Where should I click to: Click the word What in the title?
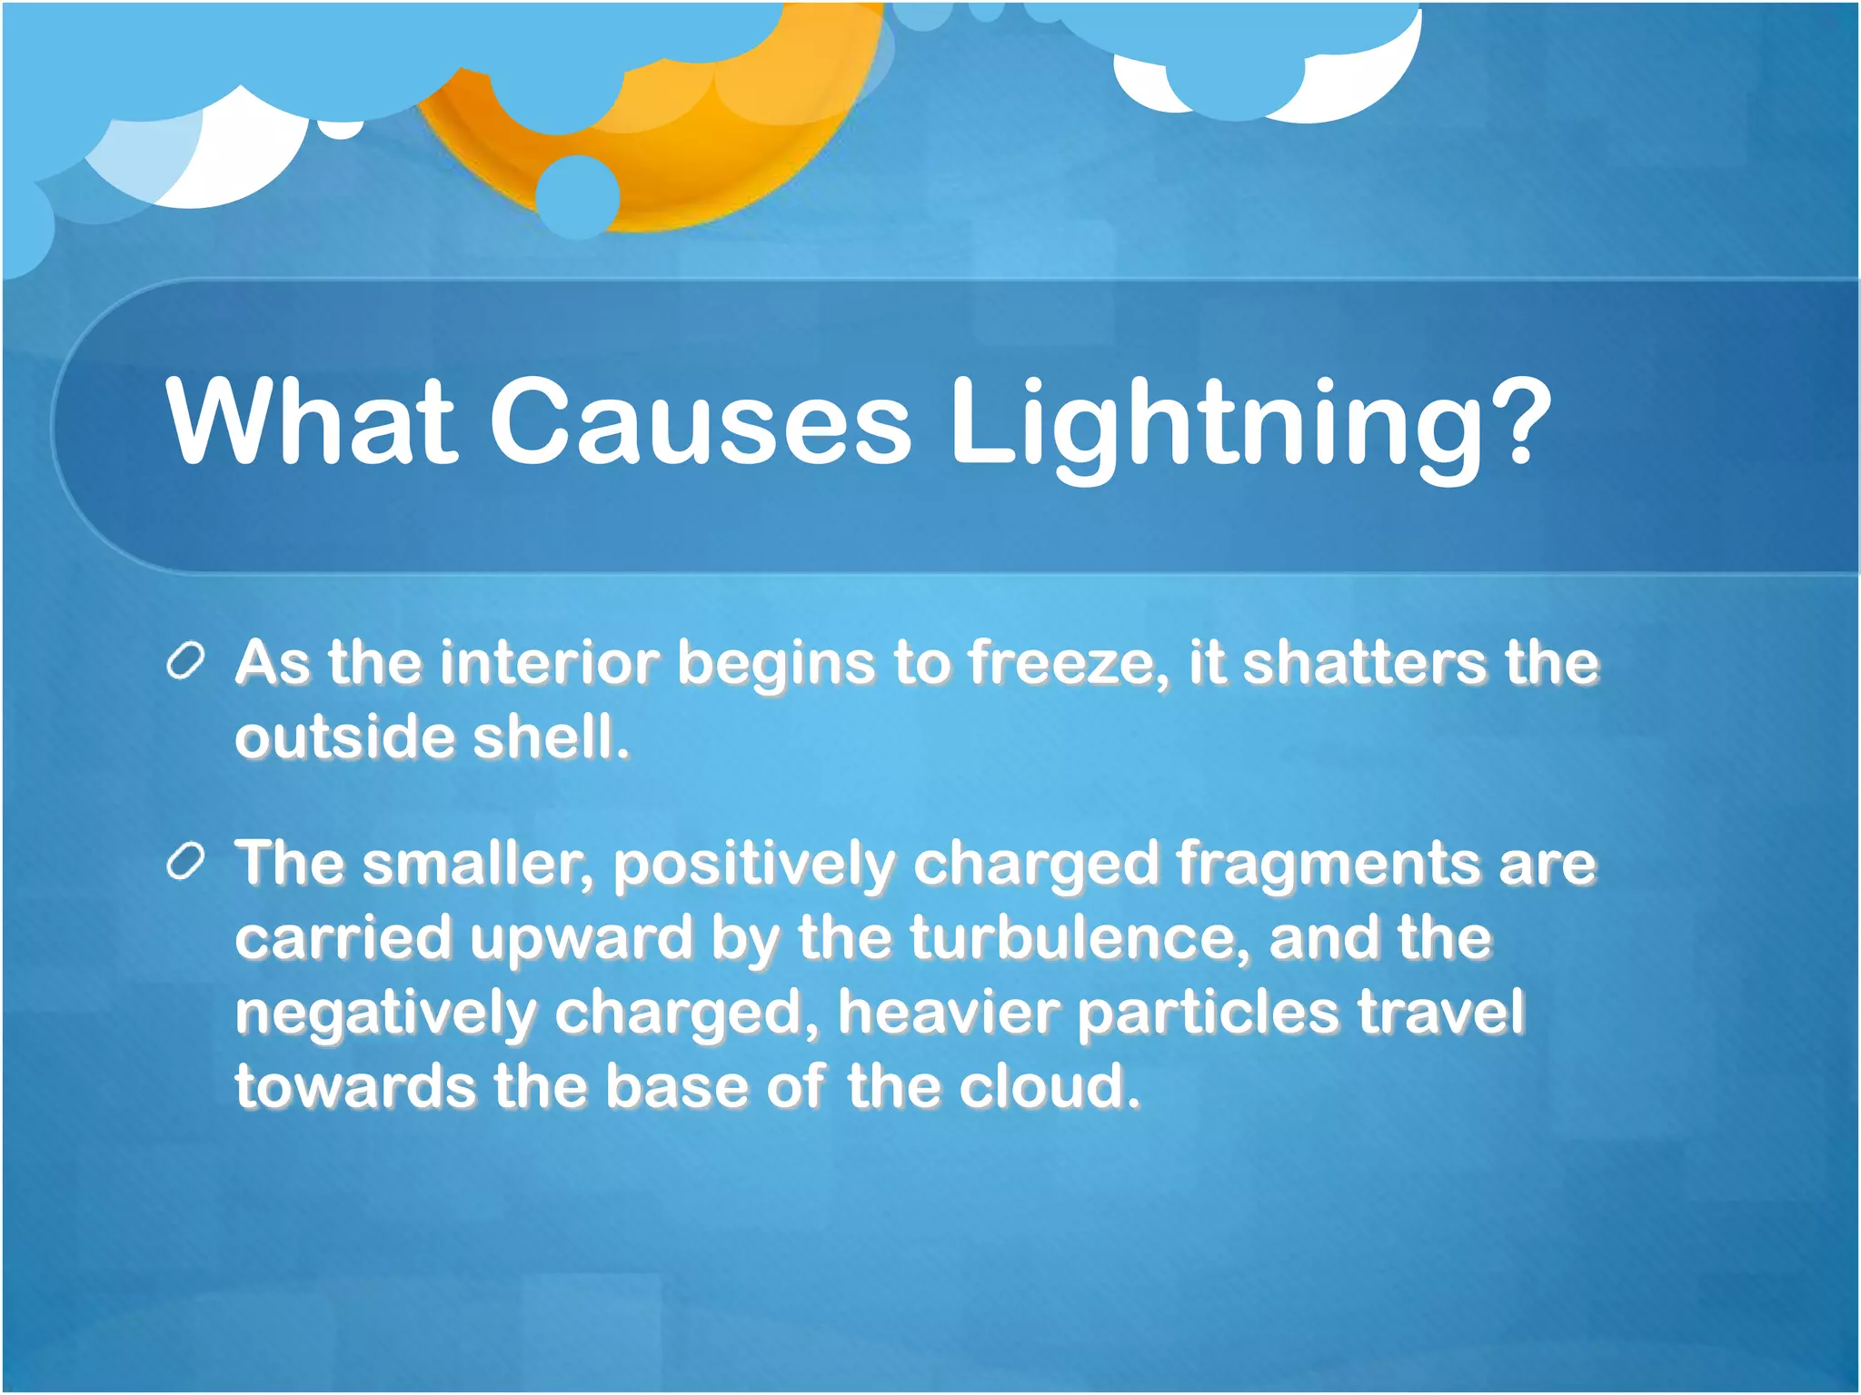click(x=310, y=421)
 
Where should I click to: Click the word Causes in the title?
click(x=700, y=421)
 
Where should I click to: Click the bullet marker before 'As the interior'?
click(x=186, y=662)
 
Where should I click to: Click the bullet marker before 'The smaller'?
click(x=186, y=862)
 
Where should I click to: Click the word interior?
click(x=550, y=662)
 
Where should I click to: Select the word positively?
click(x=753, y=866)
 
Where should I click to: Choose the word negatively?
click(x=386, y=1014)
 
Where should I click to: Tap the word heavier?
click(x=949, y=1013)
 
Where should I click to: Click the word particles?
click(x=1208, y=1014)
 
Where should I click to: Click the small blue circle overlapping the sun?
click(x=578, y=196)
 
